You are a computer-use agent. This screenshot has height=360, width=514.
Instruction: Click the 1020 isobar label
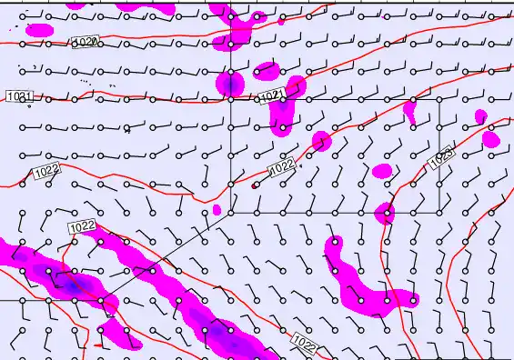point(85,43)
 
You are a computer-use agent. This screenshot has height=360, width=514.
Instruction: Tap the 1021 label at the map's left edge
point(19,96)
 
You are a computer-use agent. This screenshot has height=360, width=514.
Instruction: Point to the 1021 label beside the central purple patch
point(270,96)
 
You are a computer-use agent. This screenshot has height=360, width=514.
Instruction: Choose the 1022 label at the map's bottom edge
point(307,342)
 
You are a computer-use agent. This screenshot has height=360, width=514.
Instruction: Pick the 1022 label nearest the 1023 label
point(282,167)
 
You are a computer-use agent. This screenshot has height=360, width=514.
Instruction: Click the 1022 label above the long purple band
point(82,226)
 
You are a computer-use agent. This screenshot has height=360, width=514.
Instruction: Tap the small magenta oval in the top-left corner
point(38,30)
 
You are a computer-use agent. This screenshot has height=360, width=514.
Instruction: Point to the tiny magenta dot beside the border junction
point(217,210)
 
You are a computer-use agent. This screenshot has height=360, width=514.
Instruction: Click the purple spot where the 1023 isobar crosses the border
point(385,214)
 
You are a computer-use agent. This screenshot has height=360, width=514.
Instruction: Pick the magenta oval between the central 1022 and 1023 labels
point(382,171)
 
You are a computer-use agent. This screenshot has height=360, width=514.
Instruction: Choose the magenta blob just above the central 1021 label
point(267,71)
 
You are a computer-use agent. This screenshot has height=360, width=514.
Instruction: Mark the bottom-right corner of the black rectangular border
point(439,213)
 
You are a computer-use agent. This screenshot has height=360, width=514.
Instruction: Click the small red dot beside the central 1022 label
point(254,185)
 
